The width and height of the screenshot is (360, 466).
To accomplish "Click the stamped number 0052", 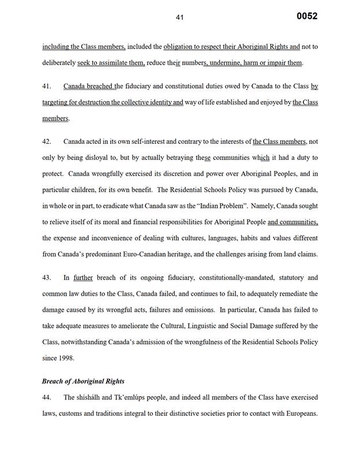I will pos(306,16).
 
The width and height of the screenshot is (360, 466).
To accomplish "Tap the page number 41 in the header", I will pos(179,18).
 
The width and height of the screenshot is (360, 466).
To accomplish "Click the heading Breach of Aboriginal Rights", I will pos(83,381).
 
